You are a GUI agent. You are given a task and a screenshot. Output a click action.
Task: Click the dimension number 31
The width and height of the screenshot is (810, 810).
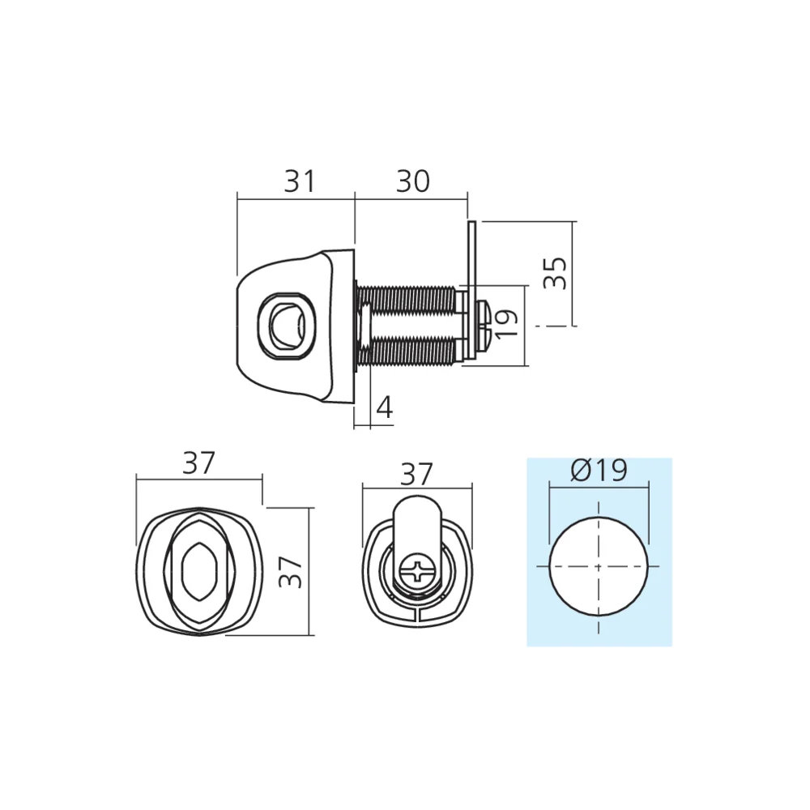coord(300,182)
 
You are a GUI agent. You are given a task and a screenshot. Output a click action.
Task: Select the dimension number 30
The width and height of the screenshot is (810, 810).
coord(412,182)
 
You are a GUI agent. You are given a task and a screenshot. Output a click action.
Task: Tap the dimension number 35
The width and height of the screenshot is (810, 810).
coord(555,274)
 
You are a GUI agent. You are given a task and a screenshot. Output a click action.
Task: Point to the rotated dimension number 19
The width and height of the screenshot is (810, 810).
coord(506,325)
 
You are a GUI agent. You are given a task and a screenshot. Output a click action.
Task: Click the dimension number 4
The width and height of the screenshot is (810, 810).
coord(385,408)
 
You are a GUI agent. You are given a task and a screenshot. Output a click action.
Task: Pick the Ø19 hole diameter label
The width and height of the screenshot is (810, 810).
coord(599,471)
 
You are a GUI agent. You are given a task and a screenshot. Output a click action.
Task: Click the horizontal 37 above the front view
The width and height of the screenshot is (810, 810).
coord(198,463)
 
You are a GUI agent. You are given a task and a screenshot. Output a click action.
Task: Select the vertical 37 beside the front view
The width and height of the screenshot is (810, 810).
coord(291,572)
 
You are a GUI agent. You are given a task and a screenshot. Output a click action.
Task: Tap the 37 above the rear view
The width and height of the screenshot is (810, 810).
coord(416,474)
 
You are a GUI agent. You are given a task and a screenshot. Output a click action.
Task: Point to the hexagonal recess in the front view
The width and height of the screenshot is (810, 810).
coord(198,572)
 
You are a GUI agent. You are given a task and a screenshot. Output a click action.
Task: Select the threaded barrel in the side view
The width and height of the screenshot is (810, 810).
coord(409,324)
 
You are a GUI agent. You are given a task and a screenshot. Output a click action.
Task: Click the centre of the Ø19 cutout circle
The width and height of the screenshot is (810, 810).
coord(599,566)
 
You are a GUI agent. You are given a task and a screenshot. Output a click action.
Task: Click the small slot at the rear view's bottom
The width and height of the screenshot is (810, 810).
coord(416,619)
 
